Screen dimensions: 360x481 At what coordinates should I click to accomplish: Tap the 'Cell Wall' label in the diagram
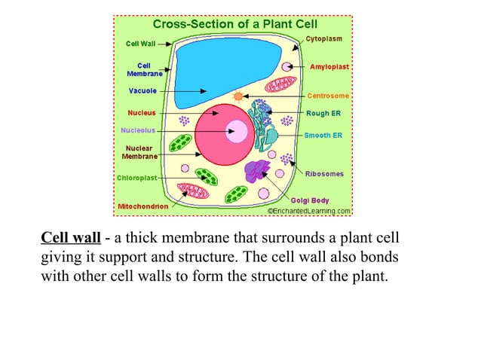coord(140,44)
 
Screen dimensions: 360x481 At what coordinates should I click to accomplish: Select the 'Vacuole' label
coord(142,91)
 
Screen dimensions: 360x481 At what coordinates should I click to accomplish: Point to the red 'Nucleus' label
coord(142,113)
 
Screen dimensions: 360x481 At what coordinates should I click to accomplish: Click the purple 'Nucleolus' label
coord(138,130)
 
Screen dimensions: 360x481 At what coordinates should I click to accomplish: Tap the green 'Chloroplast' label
coord(136,178)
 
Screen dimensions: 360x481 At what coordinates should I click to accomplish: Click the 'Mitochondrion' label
coord(142,206)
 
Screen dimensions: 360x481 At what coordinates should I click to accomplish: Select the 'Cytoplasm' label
coord(325,37)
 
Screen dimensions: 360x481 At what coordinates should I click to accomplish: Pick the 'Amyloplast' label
coord(329,67)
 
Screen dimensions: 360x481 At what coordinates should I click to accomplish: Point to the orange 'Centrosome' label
coord(328,96)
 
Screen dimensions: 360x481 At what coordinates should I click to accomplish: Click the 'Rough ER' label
coord(323,114)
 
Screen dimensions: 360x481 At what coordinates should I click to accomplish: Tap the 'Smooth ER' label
coord(323,135)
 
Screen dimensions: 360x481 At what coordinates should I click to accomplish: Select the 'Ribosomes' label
coord(324,173)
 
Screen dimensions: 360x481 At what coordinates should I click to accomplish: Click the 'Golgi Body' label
coord(310,200)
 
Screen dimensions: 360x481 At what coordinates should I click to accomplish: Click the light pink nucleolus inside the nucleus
coord(237,132)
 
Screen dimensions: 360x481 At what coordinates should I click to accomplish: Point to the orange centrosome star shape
coord(239,96)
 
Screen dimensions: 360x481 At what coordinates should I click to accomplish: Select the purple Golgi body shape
coord(259,172)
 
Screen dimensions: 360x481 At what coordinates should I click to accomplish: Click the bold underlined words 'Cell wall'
coord(70,239)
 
